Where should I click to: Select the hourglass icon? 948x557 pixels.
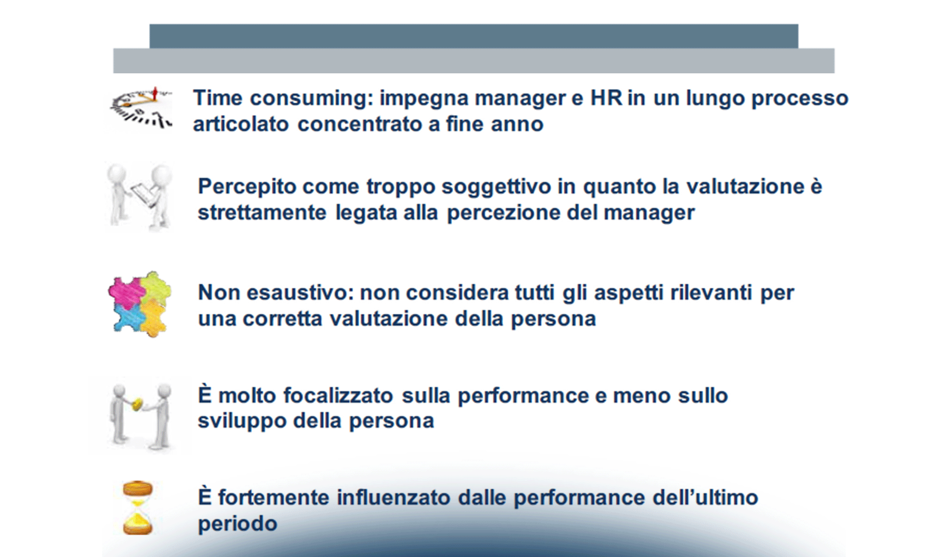pyautogui.click(x=138, y=508)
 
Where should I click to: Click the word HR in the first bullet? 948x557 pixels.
pyautogui.click(x=606, y=98)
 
